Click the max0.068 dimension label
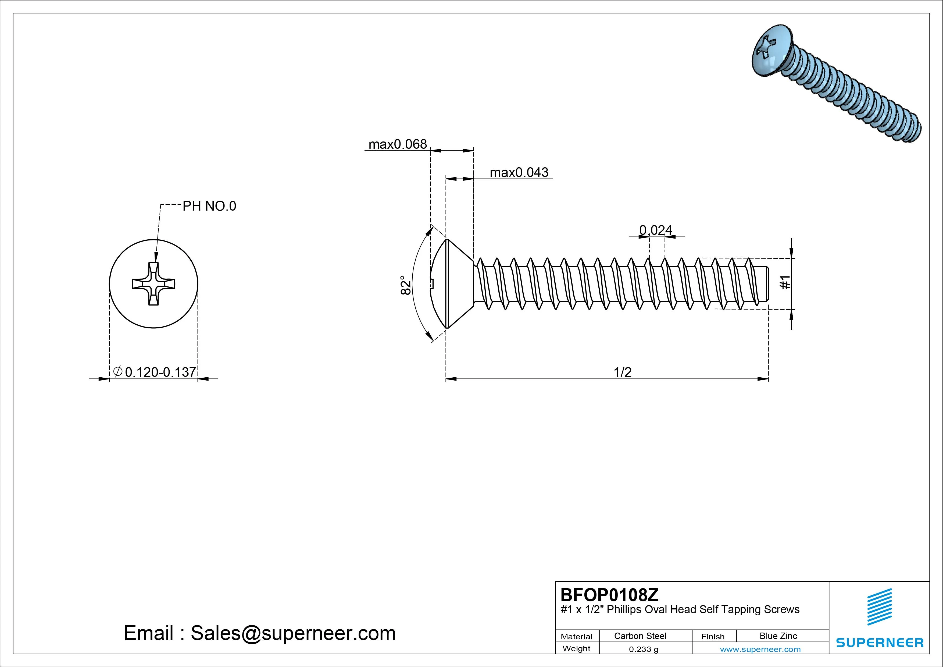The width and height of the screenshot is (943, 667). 398,144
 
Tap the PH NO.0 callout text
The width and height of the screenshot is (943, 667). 209,206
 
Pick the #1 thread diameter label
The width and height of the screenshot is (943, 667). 785,282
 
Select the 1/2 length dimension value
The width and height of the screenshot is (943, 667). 622,372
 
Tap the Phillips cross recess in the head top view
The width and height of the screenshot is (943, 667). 153,283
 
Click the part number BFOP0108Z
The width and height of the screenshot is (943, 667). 609,595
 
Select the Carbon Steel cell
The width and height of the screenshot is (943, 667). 640,636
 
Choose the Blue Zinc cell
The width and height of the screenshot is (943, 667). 778,636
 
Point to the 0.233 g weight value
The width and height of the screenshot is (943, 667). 644,649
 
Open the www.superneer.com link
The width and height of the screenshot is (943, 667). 760,649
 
